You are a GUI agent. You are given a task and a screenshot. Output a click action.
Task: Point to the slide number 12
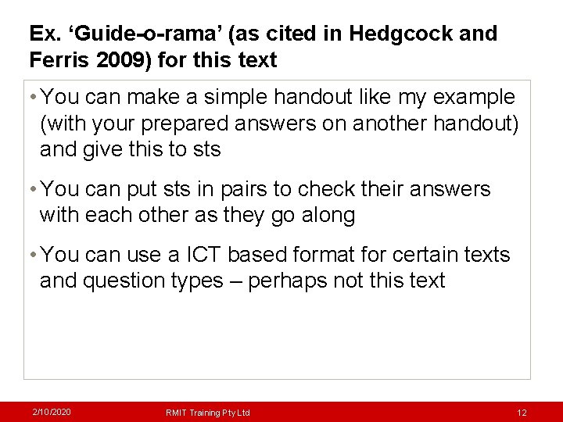click(522, 412)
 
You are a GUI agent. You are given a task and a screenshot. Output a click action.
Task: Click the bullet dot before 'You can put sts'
click(32, 189)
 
